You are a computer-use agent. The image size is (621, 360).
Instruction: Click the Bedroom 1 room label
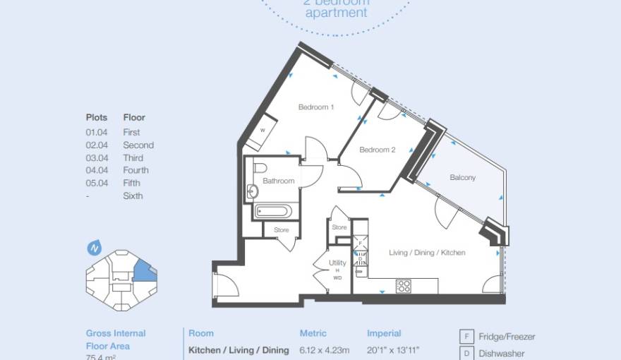pyautogui.click(x=315, y=107)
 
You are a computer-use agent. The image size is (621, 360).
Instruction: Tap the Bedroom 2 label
pyautogui.click(x=377, y=150)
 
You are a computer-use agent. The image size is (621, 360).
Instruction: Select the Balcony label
pyautogui.click(x=462, y=178)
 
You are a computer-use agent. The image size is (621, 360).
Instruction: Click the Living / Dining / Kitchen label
pyautogui.click(x=427, y=253)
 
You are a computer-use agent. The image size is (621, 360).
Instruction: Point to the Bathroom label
pyautogui.click(x=278, y=181)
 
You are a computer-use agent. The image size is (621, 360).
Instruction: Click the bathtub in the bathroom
pyautogui.click(x=271, y=211)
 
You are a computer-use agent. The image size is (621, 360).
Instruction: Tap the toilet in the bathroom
pyautogui.click(x=258, y=169)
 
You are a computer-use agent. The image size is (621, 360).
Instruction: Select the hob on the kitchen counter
pyautogui.click(x=404, y=286)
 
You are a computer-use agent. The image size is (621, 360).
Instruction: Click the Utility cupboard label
pyautogui.click(x=337, y=263)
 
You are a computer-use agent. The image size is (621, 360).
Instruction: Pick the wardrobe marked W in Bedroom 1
pyautogui.click(x=262, y=131)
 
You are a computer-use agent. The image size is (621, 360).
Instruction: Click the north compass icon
pyautogui.click(x=93, y=248)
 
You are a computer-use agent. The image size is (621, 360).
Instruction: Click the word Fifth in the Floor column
pyautogui.click(x=132, y=184)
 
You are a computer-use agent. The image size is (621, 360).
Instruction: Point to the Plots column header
pyautogui.click(x=97, y=118)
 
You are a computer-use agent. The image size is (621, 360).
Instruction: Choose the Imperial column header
pyautogui.click(x=384, y=333)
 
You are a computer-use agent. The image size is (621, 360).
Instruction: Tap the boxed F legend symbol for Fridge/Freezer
pyautogui.click(x=466, y=337)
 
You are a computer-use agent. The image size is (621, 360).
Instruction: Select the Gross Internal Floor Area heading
pyautogui.click(x=116, y=340)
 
